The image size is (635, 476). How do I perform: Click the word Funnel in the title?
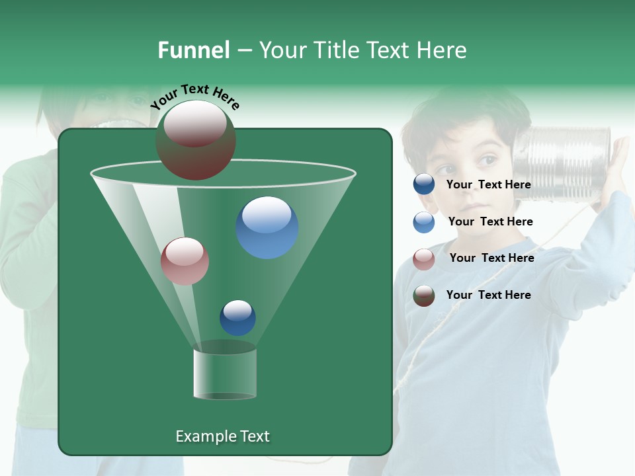coord(193,50)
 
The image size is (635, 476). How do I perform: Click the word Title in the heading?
coord(336,50)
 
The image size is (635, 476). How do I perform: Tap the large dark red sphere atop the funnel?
coord(195,140)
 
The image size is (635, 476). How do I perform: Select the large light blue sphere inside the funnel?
coord(267,227)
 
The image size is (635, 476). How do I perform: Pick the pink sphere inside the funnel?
coord(185,261)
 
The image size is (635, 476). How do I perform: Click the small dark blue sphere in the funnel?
coord(237,318)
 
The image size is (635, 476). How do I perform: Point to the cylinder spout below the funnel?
coord(225,374)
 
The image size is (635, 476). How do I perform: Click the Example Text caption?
coord(223,436)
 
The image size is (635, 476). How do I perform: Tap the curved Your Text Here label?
coord(194,97)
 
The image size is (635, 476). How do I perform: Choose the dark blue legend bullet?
coord(424,184)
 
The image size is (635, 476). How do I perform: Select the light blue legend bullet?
coord(424,222)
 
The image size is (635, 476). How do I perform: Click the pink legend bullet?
coord(424,259)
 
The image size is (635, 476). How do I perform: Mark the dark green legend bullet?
coord(424,296)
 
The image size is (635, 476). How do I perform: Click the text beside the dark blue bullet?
coord(488,184)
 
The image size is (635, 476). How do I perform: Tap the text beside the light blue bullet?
coord(490,221)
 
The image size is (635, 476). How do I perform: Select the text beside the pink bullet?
coord(491,258)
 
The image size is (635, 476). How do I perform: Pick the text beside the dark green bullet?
coord(488,295)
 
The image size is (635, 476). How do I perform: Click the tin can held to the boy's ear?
coord(562,163)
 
